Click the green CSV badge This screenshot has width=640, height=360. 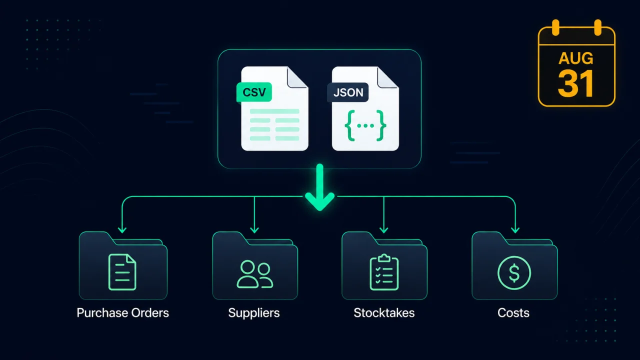pos(254,92)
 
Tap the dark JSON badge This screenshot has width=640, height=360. pos(347,92)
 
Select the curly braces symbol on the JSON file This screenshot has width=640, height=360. pos(365,125)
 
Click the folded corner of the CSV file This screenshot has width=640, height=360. pos(297,77)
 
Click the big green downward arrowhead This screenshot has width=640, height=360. pos(319,201)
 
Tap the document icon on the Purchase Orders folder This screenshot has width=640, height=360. pos(122,272)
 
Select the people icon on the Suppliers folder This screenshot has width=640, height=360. pos(255,273)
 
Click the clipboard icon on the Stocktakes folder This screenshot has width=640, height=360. pos(384,272)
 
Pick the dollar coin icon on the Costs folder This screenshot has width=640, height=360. pos(514,273)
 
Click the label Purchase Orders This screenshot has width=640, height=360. pos(123,313)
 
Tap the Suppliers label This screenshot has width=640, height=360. pos(254,313)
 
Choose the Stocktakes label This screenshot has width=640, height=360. pos(384,313)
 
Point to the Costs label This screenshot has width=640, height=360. pos(513,313)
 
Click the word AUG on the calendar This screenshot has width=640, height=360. pos(576,58)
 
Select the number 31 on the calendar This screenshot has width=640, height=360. pos(575,83)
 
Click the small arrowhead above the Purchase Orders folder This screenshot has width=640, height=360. pos(122,230)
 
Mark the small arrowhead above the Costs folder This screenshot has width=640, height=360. pos(515,230)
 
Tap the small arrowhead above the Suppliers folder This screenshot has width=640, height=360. pos(254,230)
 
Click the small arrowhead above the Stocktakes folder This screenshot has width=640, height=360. pos(383,230)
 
